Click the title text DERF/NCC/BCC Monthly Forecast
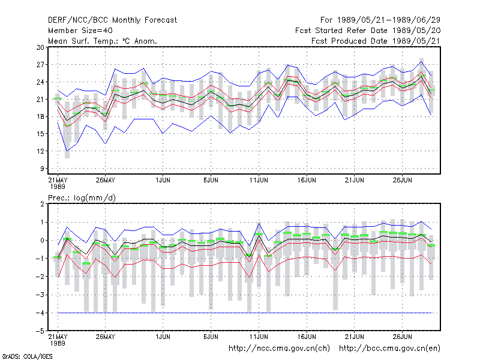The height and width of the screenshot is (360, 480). point(112,20)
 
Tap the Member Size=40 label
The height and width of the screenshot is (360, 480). point(80,31)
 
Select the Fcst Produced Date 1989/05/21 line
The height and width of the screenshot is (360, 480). point(376,41)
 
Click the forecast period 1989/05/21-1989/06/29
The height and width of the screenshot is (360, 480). point(388,20)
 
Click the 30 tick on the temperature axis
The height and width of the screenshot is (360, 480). point(40,47)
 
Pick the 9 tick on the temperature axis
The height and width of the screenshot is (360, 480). point(42,169)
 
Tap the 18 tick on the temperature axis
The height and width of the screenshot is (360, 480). point(40,116)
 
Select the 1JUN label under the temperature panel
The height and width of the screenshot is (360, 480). point(163,180)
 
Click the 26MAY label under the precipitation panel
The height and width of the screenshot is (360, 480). point(106,337)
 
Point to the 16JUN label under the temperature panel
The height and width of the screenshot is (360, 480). point(307,180)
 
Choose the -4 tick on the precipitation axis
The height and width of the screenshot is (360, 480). point(40,313)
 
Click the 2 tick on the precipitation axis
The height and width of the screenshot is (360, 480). point(42,204)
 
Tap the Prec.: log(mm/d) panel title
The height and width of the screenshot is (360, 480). point(82,198)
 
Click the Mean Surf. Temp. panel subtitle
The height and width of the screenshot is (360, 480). point(103,41)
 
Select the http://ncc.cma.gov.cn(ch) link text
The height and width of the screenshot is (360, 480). point(279,349)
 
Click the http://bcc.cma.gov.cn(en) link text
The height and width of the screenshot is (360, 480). point(389,349)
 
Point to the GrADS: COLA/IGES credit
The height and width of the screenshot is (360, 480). point(27,356)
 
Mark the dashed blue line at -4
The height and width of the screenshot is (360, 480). point(245,313)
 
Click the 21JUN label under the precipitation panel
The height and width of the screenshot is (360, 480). point(354,337)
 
